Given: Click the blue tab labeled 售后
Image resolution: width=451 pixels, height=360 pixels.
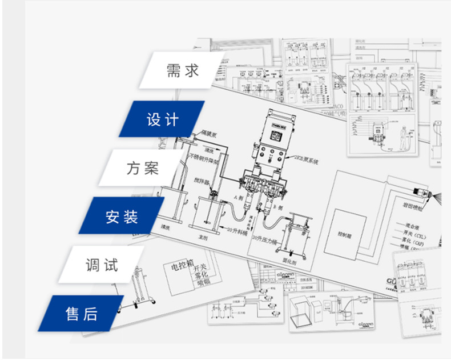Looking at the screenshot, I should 82,314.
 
